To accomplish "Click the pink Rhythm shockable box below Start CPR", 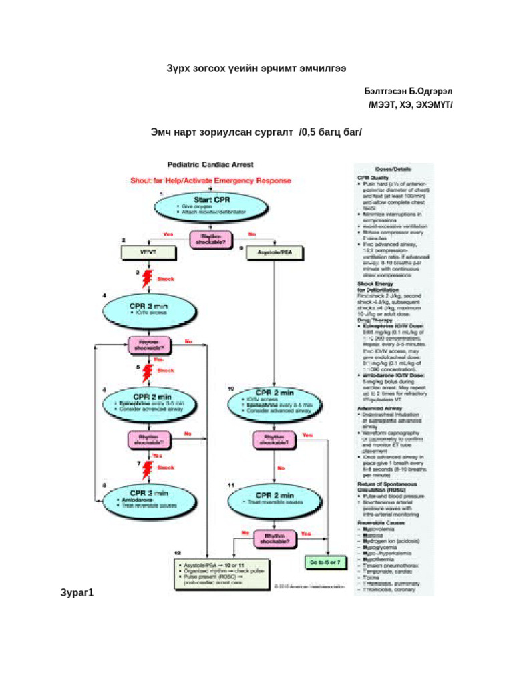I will [x=209, y=238].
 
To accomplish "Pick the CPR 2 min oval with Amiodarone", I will [x=146, y=497].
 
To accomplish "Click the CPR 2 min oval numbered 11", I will [x=275, y=498].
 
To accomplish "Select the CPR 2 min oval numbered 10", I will [x=275, y=401].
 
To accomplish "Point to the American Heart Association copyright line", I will [x=309, y=587].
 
